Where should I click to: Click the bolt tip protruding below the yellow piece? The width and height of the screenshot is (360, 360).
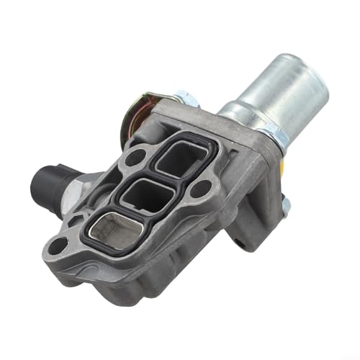coord(287,209)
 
